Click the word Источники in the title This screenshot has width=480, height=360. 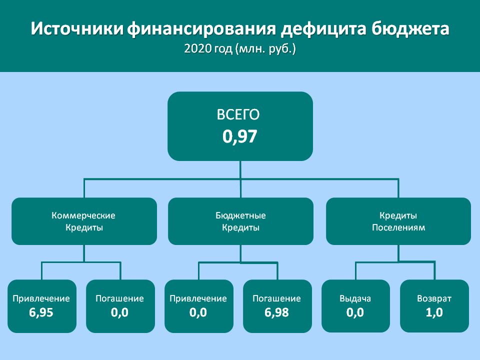[x=77, y=29]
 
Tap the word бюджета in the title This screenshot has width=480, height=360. [x=411, y=29]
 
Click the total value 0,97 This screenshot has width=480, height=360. [x=239, y=136]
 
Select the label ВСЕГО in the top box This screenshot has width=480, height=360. [x=238, y=115]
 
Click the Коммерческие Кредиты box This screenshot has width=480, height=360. [x=84, y=221]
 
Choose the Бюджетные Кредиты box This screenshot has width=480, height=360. [x=240, y=221]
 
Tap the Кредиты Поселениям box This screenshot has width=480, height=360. [x=398, y=221]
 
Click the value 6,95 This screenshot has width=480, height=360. [x=41, y=312]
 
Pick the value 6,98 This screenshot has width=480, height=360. [x=276, y=312]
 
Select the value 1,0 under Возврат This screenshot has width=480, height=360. [x=434, y=312]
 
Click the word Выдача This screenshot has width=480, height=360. [x=355, y=298]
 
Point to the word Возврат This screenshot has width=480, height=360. [x=434, y=298]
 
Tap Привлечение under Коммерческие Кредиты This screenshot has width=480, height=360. [x=41, y=298]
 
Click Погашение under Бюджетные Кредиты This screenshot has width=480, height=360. [x=276, y=298]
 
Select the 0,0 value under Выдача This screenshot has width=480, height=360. [x=355, y=312]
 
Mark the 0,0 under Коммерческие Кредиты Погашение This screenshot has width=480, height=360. [x=119, y=312]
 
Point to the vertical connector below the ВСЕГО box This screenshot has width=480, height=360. [x=240, y=179]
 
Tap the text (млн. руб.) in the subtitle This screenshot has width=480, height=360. [x=265, y=49]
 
